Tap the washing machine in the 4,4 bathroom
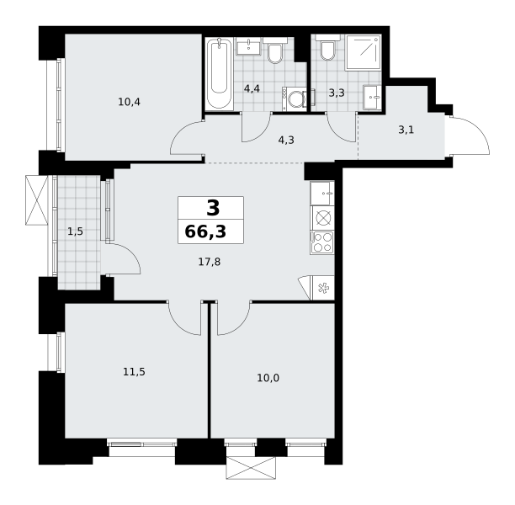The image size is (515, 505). click(295, 99)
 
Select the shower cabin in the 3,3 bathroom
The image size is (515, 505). click(363, 52)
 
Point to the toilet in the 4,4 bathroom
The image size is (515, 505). click(274, 50)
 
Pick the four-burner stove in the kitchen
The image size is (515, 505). click(322, 242)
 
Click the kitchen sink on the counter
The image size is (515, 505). click(322, 193)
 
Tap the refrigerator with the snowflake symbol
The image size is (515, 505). click(322, 288)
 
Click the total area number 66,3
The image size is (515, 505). click(205, 231)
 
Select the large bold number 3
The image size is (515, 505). click(213, 208)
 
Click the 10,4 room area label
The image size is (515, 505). click(129, 102)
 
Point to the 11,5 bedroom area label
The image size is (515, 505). click(134, 372)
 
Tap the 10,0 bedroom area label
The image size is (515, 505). click(268, 378)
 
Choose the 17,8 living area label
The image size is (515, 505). click(210, 262)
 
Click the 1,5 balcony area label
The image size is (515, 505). click(75, 232)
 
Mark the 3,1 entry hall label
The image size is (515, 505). click(406, 130)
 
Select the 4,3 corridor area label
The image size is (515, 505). click(286, 141)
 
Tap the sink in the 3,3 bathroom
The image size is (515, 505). click(372, 98)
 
